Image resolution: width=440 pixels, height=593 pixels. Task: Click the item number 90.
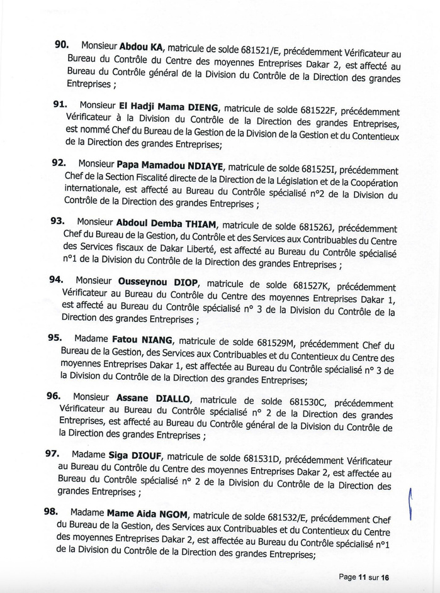click(62, 44)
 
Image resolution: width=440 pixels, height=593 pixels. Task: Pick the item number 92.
click(59, 162)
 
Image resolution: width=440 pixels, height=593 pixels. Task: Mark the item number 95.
click(54, 337)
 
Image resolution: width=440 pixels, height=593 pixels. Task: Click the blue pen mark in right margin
click(410, 504)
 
